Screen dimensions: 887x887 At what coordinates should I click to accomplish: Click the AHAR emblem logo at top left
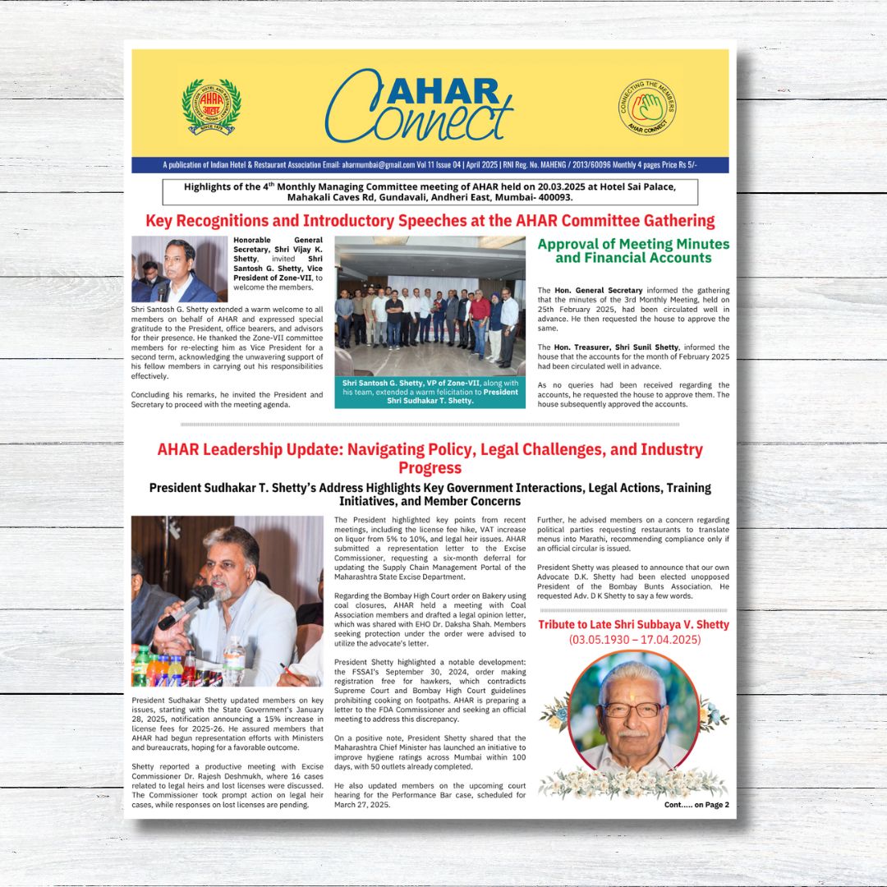211,107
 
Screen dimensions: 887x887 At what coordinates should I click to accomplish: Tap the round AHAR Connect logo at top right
646,107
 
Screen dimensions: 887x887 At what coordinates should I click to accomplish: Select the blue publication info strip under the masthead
430,165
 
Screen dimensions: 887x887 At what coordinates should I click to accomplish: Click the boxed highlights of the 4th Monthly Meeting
430,192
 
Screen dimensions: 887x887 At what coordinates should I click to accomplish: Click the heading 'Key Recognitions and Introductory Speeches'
430,221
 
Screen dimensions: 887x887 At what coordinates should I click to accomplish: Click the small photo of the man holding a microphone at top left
179,269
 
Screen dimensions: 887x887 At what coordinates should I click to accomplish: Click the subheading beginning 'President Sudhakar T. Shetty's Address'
430,494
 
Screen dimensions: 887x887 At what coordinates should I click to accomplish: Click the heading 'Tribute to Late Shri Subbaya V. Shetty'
633,624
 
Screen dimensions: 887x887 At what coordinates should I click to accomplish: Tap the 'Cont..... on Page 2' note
696,805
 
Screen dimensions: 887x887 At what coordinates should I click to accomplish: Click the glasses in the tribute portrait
632,708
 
